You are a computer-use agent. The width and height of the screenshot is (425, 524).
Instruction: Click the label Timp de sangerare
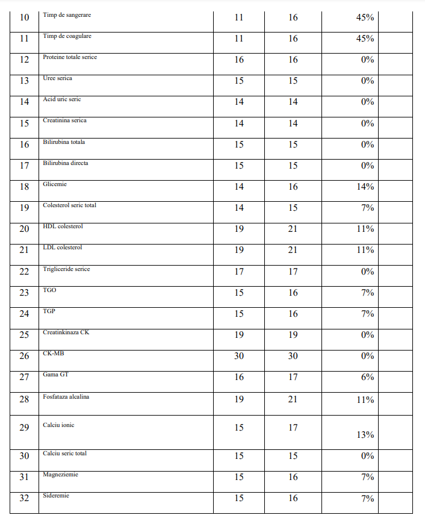tap(67, 15)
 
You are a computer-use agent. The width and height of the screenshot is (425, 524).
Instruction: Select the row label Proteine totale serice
tap(70, 57)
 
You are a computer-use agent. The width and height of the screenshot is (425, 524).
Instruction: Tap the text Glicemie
tap(55, 184)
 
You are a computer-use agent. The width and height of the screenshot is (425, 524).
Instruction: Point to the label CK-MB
tap(54, 354)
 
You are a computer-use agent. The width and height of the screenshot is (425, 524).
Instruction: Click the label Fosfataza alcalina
tap(66, 397)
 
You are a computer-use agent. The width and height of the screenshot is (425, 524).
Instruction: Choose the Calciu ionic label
tap(58, 425)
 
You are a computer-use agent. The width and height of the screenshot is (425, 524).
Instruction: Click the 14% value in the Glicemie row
tap(365, 187)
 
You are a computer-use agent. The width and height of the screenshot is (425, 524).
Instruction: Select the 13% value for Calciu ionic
tap(365, 435)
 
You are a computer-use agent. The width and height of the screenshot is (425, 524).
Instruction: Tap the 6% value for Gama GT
tap(367, 377)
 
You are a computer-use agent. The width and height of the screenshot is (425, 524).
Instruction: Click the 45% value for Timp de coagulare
tap(365, 39)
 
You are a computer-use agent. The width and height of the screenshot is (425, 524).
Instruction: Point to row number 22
tap(24, 272)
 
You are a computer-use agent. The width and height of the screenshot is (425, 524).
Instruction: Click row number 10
tap(24, 17)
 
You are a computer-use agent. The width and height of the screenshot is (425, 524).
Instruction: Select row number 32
tap(24, 498)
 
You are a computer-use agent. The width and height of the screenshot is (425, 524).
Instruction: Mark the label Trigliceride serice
tap(66, 269)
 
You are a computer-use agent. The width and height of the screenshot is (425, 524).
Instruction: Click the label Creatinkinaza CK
tap(66, 332)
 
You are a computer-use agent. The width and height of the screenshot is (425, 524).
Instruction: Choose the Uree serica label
tap(57, 78)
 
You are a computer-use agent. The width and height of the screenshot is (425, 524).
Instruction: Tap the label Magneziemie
tap(60, 475)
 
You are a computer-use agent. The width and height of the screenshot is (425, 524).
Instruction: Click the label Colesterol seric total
tap(69, 205)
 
